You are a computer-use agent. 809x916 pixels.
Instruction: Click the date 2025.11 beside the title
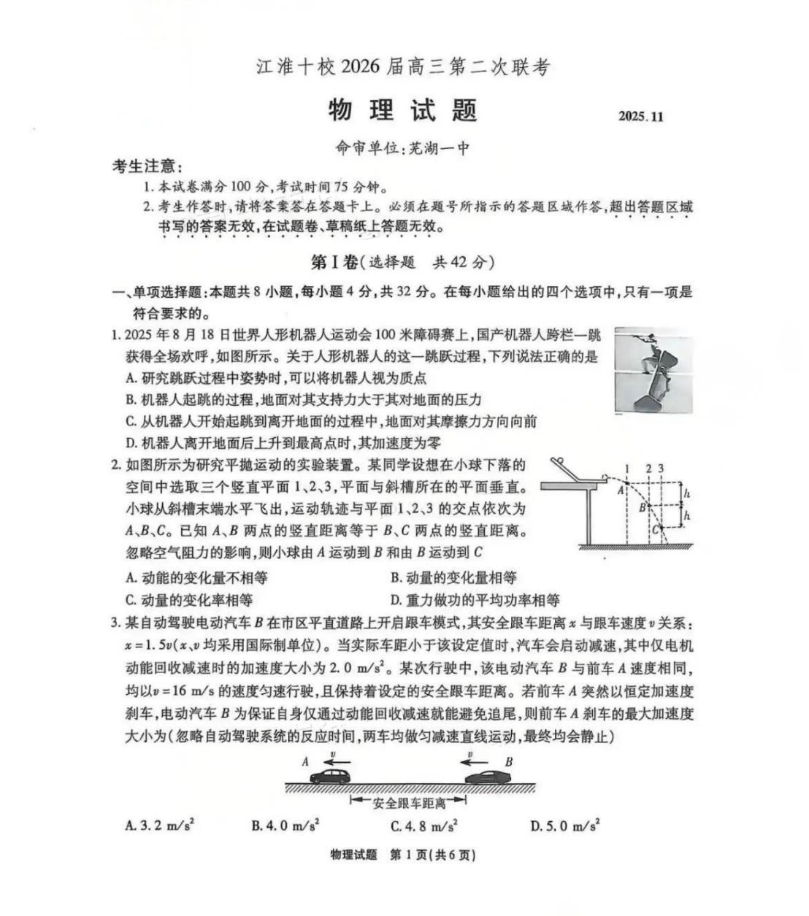[x=641, y=117]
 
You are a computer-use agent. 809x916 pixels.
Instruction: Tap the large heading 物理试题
[x=402, y=110]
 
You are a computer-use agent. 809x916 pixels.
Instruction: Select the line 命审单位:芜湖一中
[x=402, y=148]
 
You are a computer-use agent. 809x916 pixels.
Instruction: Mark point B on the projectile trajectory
[x=648, y=504]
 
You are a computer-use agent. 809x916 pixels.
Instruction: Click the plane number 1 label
[x=627, y=469]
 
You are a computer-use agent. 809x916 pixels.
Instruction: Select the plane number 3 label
[x=661, y=469]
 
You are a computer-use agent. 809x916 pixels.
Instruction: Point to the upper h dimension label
[x=686, y=494]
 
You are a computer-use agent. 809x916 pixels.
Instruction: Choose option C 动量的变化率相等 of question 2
[x=189, y=600]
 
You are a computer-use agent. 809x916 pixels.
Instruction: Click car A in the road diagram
[x=331, y=775]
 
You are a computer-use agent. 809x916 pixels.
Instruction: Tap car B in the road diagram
[x=486, y=775]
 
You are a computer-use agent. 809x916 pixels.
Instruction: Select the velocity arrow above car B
[x=470, y=760]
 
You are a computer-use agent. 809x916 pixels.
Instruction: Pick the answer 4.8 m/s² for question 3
[x=424, y=826]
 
